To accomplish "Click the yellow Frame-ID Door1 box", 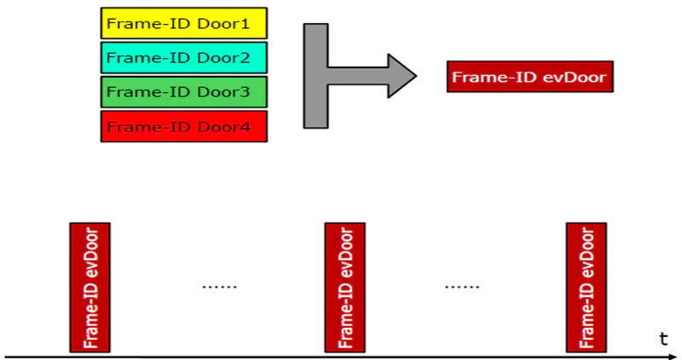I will pyautogui.click(x=183, y=23).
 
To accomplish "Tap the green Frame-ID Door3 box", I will pyautogui.click(x=183, y=91).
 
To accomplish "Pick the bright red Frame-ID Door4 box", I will pyautogui.click(x=183, y=126).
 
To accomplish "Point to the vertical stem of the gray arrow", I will pyautogui.click(x=315, y=77).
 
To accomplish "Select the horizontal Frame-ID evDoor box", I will pyautogui.click(x=529, y=78).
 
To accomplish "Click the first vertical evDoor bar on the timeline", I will pyautogui.click(x=89, y=287).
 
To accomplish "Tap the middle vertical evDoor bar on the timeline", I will pyautogui.click(x=345, y=287).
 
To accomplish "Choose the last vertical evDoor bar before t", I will pyautogui.click(x=587, y=287).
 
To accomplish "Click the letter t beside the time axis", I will pyautogui.click(x=662, y=338).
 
